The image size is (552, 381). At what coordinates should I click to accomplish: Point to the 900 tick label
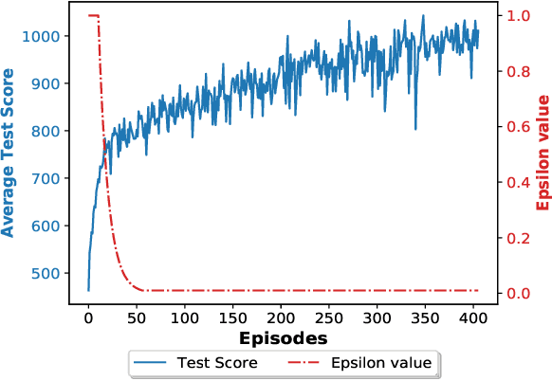[x=48, y=83]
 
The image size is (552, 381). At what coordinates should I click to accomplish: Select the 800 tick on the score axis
[x=48, y=131]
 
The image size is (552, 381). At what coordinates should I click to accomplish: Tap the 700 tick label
[x=48, y=178]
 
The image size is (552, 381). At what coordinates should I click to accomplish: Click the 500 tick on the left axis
[x=48, y=273]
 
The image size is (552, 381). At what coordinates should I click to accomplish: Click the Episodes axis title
[x=283, y=337]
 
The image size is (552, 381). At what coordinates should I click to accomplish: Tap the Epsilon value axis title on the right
[x=543, y=153]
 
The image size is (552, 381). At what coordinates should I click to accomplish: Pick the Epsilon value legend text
[x=380, y=363]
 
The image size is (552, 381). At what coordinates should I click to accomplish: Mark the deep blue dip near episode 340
[x=415, y=128]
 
